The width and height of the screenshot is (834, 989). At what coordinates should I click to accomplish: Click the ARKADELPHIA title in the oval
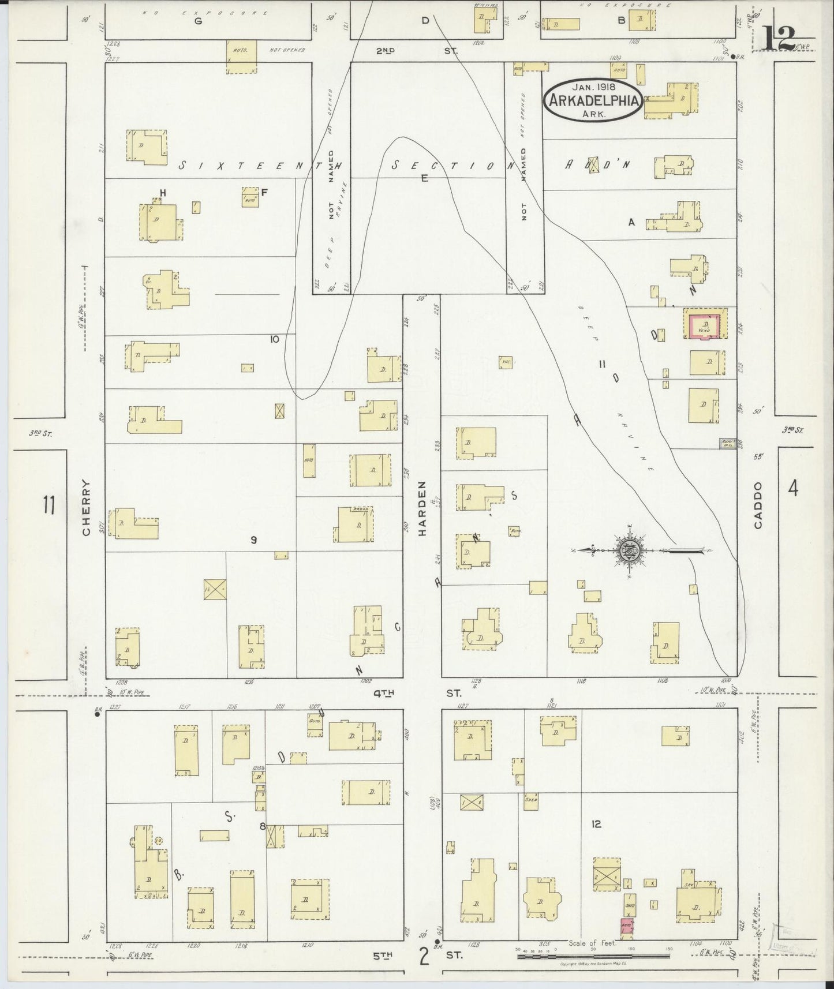pyautogui.click(x=593, y=100)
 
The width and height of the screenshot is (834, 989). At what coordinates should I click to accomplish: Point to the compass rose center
pyautogui.click(x=627, y=550)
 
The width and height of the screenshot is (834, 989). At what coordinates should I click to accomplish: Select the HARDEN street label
pyautogui.click(x=422, y=509)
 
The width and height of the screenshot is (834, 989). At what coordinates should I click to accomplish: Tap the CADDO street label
pyautogui.click(x=758, y=505)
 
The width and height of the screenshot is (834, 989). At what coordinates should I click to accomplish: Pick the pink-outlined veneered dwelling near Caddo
pyautogui.click(x=704, y=325)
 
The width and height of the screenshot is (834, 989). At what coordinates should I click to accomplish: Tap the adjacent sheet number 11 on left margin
pyautogui.click(x=48, y=506)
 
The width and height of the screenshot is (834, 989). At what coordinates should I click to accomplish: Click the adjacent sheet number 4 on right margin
pyautogui.click(x=793, y=489)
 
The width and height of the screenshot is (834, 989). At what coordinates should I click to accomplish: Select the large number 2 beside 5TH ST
pyautogui.click(x=424, y=957)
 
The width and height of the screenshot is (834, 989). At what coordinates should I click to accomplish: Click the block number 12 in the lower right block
pyautogui.click(x=596, y=825)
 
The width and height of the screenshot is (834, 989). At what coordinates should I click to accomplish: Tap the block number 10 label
pyautogui.click(x=274, y=339)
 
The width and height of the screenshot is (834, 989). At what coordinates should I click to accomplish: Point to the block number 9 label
pyautogui.click(x=253, y=540)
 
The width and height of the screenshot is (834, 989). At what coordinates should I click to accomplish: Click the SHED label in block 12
pyautogui.click(x=531, y=800)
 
